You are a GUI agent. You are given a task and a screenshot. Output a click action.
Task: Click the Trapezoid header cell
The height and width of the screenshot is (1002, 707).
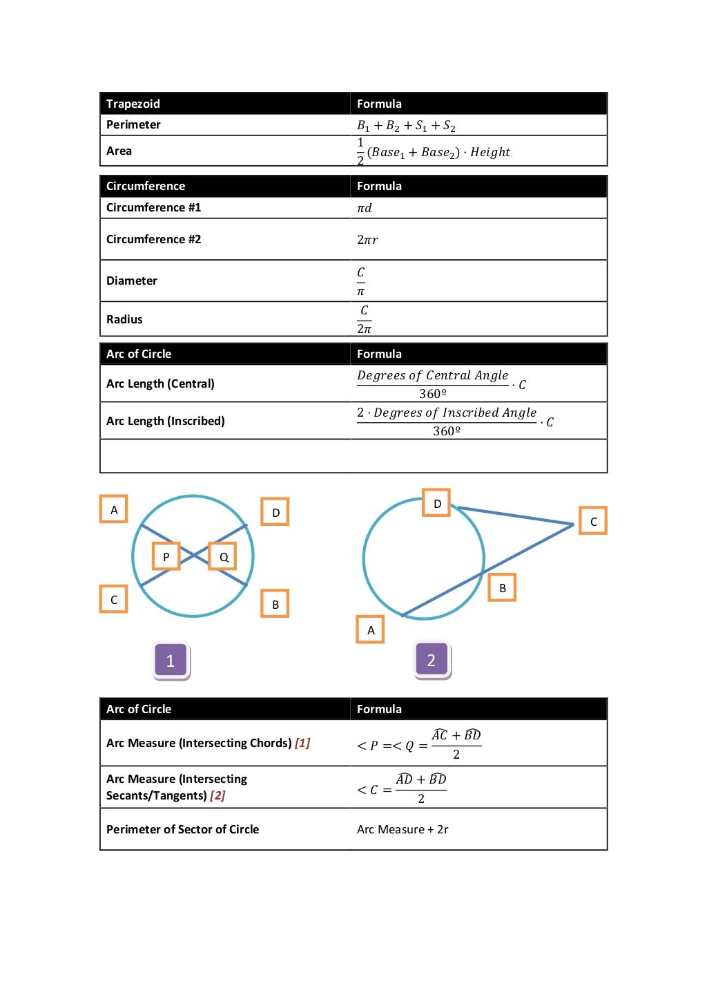click(133, 104)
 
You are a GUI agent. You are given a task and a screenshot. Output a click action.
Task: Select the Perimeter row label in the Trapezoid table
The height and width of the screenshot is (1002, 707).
click(133, 125)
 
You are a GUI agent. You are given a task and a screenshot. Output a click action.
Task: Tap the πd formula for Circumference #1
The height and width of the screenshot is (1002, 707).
click(365, 208)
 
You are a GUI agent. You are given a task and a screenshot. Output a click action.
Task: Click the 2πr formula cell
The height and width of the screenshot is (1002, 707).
click(367, 240)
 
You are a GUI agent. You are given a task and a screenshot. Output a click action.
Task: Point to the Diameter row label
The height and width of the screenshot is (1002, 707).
click(132, 281)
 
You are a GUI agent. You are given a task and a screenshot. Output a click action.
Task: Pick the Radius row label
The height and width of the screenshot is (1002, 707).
click(124, 319)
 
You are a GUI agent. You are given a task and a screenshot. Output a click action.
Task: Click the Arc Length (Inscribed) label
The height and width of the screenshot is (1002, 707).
click(166, 421)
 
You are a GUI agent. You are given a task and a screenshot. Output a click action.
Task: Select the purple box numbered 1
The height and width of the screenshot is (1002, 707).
click(171, 661)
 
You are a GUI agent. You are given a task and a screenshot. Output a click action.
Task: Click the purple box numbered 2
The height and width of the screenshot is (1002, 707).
click(432, 660)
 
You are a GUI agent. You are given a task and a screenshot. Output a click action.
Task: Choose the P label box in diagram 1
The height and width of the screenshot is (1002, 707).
click(166, 556)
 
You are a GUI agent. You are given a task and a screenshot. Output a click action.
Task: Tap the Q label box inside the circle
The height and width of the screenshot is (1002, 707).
click(224, 556)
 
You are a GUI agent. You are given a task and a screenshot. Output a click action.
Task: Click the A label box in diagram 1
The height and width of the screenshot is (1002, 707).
click(114, 510)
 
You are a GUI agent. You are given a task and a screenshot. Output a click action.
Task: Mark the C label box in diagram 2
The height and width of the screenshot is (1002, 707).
click(593, 522)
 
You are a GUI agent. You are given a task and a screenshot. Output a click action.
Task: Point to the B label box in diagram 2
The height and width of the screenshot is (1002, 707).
click(503, 588)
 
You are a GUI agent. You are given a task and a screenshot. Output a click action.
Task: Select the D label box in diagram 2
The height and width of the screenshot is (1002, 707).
click(437, 504)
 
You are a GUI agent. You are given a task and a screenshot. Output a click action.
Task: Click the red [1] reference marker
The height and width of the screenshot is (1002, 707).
click(302, 743)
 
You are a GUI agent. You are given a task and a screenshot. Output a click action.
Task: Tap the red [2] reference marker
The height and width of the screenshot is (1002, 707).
click(217, 795)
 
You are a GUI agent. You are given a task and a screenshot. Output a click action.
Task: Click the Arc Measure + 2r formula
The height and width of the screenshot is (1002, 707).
click(403, 829)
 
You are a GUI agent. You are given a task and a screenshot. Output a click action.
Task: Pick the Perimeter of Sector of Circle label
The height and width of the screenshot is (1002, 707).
click(183, 829)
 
